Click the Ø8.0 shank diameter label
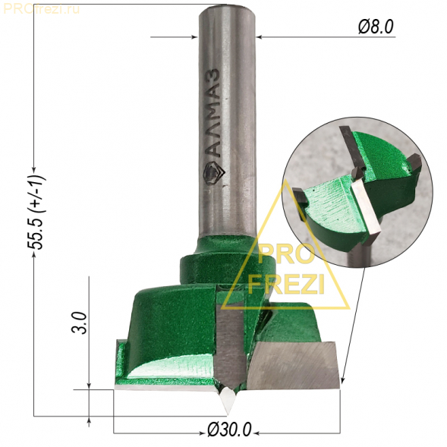click(376, 27)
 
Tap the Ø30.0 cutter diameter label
click(229, 430)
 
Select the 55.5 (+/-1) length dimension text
click(36, 212)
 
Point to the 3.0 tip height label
click(79, 323)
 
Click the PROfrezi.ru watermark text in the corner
click(41, 9)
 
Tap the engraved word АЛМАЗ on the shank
click(213, 113)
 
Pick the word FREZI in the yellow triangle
click(286, 284)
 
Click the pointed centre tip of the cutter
click(228, 414)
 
